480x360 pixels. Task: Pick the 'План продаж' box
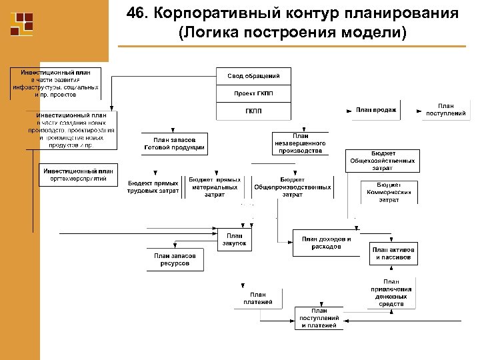[376, 110]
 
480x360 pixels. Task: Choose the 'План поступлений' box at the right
[445, 110]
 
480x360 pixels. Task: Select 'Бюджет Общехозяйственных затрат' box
[383, 161]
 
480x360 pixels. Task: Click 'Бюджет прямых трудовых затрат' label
[153, 187]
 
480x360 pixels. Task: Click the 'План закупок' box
[234, 240]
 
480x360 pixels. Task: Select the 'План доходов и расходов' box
[326, 243]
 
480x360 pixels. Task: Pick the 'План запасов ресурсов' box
[175, 259]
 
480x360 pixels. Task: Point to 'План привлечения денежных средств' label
[391, 293]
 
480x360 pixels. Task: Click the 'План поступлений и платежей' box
[319, 318]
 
